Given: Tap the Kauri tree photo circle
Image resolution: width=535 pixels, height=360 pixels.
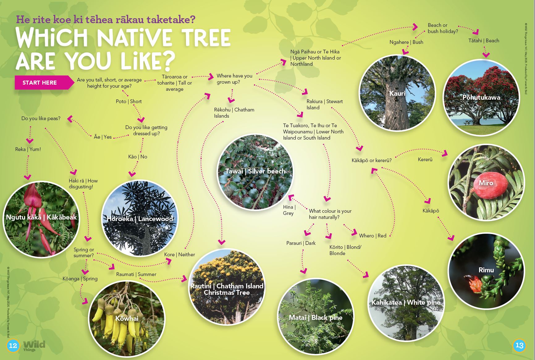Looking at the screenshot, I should pyautogui.click(x=397, y=93).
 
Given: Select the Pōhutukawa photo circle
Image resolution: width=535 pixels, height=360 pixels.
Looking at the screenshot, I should pyautogui.click(x=481, y=97).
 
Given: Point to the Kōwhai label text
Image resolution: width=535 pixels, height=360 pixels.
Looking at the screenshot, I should pyautogui.click(x=127, y=318).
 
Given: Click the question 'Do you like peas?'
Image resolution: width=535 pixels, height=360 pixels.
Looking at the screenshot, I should pyautogui.click(x=41, y=118).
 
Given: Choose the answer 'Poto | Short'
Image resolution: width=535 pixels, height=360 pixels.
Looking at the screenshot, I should pyautogui.click(x=128, y=101).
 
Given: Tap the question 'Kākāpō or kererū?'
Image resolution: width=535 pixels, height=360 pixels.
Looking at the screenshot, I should pyautogui.click(x=372, y=160).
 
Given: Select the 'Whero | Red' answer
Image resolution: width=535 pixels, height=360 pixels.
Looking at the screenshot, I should pyautogui.click(x=373, y=236).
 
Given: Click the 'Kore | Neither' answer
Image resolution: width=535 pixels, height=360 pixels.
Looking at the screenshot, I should pyautogui.click(x=179, y=254).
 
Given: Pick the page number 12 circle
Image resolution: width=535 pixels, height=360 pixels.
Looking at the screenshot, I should pyautogui.click(x=13, y=345).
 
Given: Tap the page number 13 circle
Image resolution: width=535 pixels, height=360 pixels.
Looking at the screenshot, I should pyautogui.click(x=519, y=345).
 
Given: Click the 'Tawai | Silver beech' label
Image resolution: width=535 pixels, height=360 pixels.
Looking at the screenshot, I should pyautogui.click(x=255, y=171).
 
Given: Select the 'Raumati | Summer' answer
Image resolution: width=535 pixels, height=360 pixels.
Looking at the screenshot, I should pyautogui.click(x=136, y=274).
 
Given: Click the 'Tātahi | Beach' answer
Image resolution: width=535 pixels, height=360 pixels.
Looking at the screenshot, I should pyautogui.click(x=483, y=40).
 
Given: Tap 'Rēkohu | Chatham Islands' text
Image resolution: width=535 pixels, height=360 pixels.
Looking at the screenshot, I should pyautogui.click(x=234, y=113).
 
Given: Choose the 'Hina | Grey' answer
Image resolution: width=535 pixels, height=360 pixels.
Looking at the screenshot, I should pyautogui.click(x=289, y=210).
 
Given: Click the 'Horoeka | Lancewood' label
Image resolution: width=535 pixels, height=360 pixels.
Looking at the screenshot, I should pyautogui.click(x=140, y=219).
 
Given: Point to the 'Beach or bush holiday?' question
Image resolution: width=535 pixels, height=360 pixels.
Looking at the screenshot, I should pyautogui.click(x=443, y=28).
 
